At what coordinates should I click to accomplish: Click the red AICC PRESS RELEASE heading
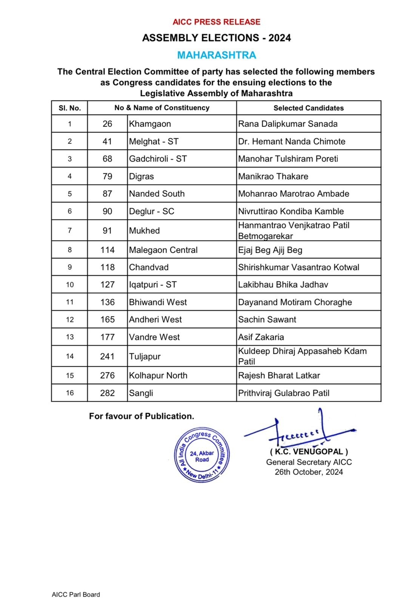coord(216,22)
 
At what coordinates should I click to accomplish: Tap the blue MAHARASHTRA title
coord(217,55)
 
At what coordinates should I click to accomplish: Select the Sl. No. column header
coord(69,108)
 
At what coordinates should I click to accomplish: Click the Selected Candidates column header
coord(308,108)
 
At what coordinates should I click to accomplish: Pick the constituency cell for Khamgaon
coord(150,124)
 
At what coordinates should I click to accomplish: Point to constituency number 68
coord(107,159)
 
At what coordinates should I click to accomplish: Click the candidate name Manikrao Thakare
coord(273,176)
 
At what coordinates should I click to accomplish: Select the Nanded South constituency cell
coord(157,194)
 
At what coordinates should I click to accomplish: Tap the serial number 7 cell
coord(69,230)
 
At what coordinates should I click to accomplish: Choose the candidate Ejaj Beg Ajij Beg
coord(270,250)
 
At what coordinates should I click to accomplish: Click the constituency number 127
coord(107,285)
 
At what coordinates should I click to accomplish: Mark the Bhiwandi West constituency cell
coord(158,302)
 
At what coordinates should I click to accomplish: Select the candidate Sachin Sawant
coord(267,319)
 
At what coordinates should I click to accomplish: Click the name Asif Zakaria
coord(261,337)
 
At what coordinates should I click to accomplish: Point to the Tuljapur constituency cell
coord(145,356)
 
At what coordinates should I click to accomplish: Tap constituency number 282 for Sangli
coord(107,393)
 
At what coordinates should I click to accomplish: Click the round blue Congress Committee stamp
coord(202,456)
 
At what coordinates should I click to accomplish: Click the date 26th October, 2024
coord(309,472)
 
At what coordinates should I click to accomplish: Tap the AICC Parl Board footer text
coord(76,595)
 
